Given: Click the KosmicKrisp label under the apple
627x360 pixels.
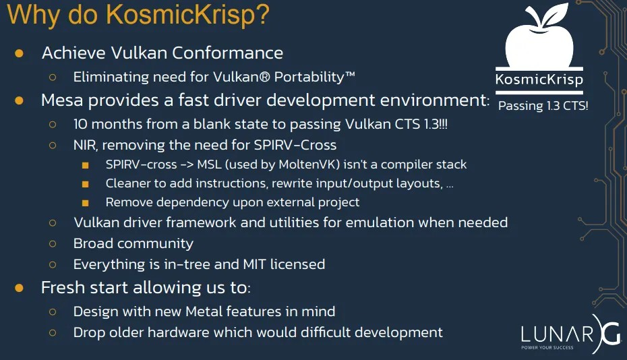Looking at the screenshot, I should coord(539,80).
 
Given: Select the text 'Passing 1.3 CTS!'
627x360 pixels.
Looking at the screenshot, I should coord(543,106).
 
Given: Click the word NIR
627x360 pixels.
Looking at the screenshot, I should coord(86,145).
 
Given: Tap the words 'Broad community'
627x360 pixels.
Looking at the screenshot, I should coord(133,243).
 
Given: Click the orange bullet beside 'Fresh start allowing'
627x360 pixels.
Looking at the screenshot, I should coord(20,288).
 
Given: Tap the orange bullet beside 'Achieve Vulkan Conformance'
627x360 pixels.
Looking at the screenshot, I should coord(20,53).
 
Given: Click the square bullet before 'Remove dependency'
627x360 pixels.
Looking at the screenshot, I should coord(86,202).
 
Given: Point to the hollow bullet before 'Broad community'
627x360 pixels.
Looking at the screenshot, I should coord(53,243).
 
